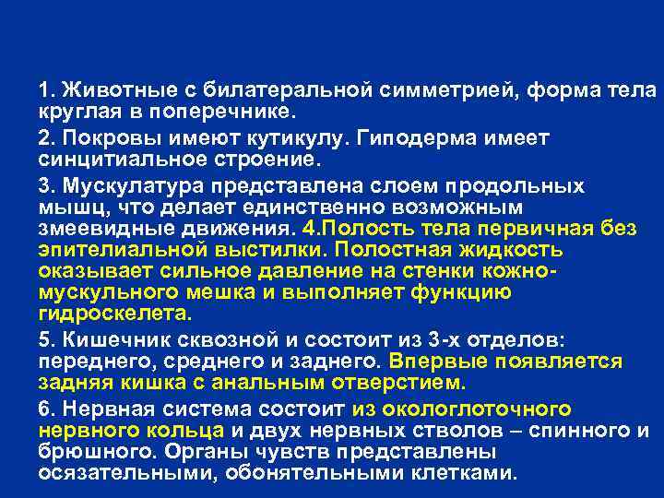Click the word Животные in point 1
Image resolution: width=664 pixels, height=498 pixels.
pos(101,92)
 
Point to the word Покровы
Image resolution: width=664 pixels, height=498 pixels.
pos(97,138)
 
